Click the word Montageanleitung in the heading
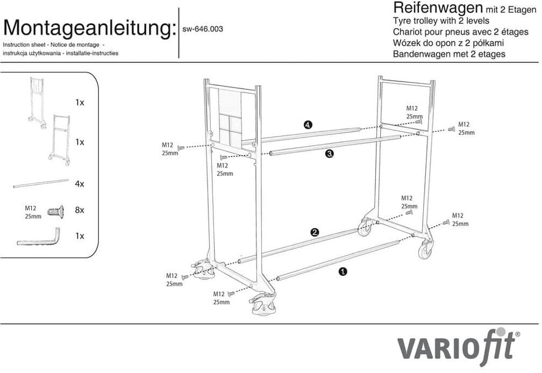pos(89,27)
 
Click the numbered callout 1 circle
pos(343,271)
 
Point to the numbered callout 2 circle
pos(315,232)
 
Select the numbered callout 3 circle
pos(330,154)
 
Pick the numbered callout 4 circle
pos(307,125)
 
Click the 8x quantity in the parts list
pos(80,210)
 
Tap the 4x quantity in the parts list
pos(80,183)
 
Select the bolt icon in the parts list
pos(55,211)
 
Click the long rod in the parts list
pos(41,183)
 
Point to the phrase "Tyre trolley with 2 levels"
pos(441,21)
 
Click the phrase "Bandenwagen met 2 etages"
pos(448,54)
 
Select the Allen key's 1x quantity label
pos(80,236)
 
